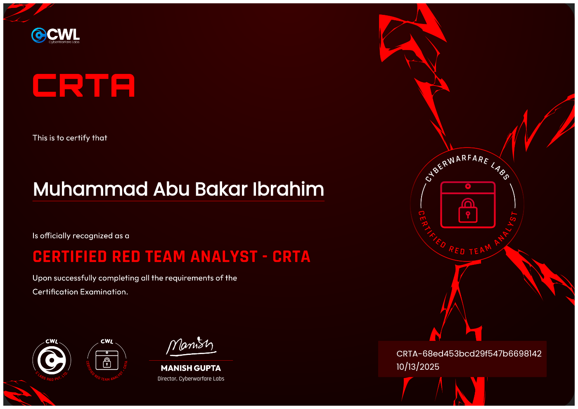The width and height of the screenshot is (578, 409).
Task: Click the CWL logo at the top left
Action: (55, 36)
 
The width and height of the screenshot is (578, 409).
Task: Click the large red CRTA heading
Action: (84, 86)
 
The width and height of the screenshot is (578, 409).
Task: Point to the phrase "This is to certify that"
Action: (70, 138)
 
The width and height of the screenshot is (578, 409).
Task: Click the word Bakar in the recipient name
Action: (221, 189)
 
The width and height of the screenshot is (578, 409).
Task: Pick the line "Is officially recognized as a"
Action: (81, 236)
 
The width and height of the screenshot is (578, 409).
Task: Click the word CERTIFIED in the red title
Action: (70, 257)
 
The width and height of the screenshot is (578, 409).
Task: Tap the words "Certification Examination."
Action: (81, 292)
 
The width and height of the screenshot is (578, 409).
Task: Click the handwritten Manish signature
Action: (190, 346)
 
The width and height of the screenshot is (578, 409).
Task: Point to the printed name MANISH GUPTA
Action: (191, 368)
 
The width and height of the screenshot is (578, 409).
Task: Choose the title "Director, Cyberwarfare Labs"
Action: (191, 379)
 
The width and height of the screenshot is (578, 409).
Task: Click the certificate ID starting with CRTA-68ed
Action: (469, 354)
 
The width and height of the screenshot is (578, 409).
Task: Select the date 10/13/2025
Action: (418, 367)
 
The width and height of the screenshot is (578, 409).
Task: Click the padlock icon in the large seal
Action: (468, 211)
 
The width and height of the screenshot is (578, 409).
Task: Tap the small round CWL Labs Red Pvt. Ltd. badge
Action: (52, 360)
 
